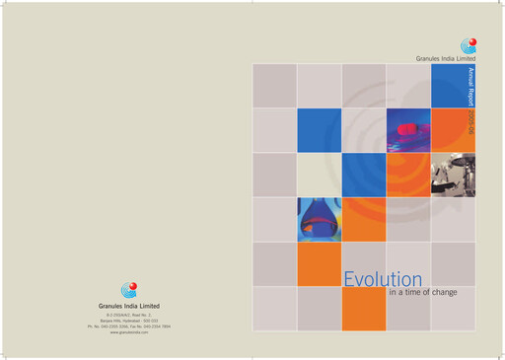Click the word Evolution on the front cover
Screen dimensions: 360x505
[383, 280]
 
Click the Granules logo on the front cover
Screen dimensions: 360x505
[469, 45]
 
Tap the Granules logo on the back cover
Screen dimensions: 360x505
[129, 289]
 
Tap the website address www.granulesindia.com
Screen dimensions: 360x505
[129, 333]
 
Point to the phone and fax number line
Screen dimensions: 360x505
[129, 326]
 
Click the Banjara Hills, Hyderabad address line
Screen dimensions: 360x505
[129, 321]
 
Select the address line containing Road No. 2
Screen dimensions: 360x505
[129, 315]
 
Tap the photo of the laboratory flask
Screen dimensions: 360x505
[319, 219]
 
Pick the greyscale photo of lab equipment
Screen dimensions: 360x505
[453, 175]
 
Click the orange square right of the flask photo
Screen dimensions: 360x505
[363, 219]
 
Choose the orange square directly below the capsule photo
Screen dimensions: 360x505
[407, 175]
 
